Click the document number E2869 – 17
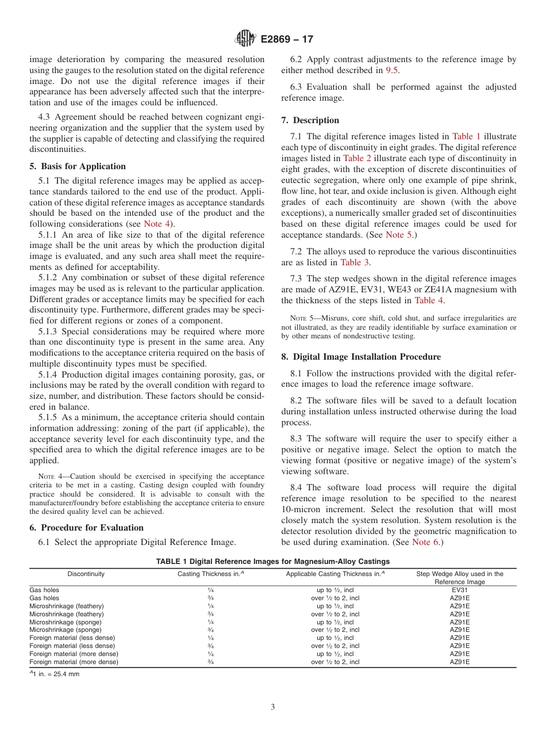coord(287,40)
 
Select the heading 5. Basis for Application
coord(78,166)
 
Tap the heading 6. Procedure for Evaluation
coord(86,528)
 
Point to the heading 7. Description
coord(310,120)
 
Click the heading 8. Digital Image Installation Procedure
coord(361,357)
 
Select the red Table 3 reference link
coord(355,262)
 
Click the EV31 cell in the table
coord(459,590)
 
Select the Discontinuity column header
coord(86,574)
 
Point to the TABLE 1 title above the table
coord(272,561)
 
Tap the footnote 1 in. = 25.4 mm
coord(55,674)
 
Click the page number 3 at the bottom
coord(272,707)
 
